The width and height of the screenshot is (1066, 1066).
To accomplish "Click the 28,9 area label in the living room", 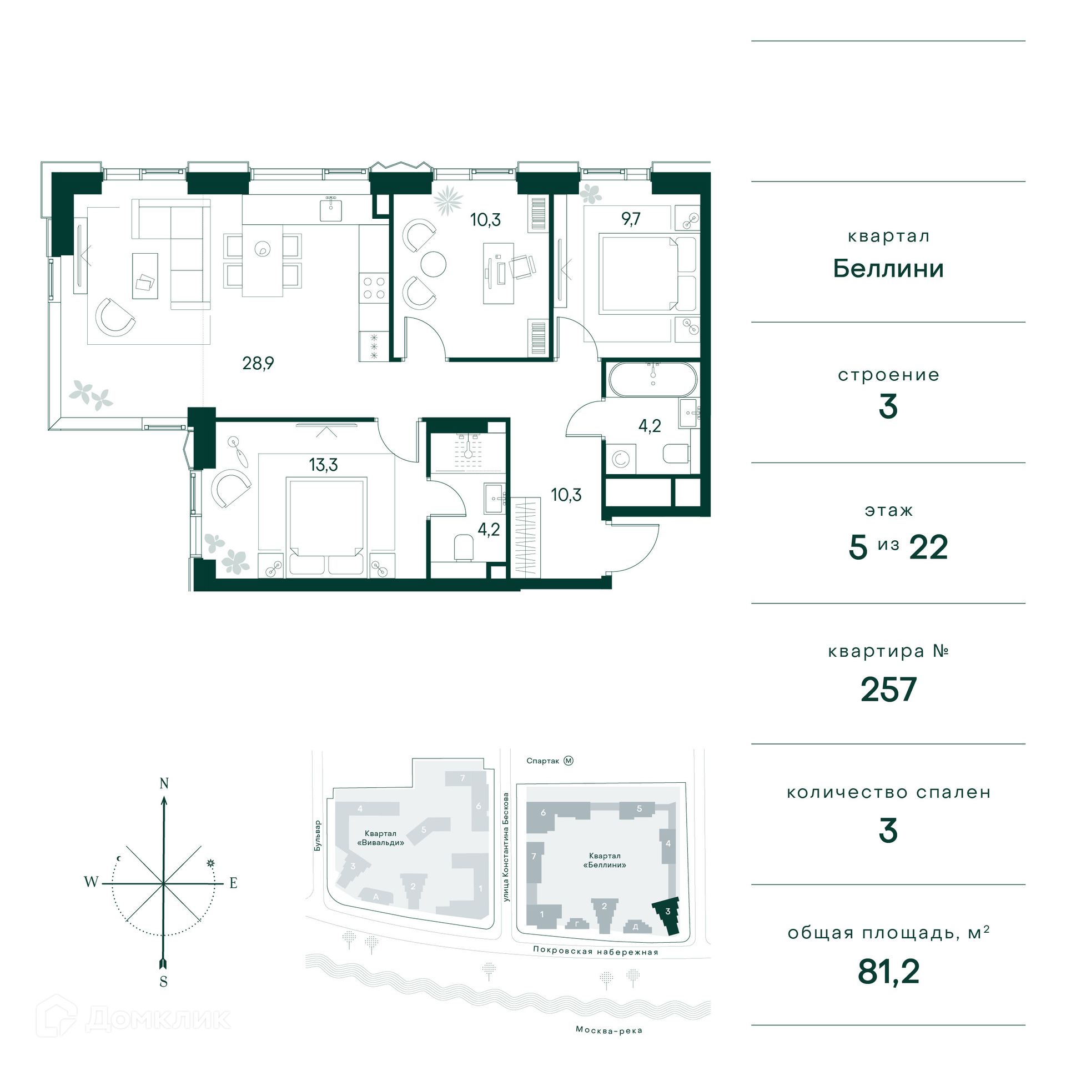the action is (x=258, y=364).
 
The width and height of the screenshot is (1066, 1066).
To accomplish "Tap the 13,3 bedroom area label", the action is (x=323, y=465).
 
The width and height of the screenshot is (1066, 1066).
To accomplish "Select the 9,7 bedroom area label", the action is (x=631, y=219).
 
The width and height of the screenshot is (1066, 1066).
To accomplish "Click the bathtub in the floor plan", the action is (x=653, y=379).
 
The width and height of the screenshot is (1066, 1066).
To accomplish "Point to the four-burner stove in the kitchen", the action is (x=374, y=288).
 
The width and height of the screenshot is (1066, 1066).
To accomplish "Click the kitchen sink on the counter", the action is (x=331, y=209).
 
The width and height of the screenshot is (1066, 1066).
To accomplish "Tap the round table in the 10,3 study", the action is (x=434, y=264).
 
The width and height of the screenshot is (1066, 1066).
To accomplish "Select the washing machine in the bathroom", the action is (x=620, y=459).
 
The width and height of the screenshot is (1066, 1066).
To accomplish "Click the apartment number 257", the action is (x=888, y=690).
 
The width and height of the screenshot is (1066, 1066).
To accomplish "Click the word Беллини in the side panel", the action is (x=888, y=269).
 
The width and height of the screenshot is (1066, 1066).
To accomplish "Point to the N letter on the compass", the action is (x=164, y=783).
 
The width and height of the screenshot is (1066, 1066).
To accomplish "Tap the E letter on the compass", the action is (x=233, y=883).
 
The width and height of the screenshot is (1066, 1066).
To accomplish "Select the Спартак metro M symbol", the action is (x=568, y=761).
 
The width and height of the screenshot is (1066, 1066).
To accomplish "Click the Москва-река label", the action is (x=609, y=1030).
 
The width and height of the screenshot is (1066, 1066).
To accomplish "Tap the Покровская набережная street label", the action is (x=595, y=951).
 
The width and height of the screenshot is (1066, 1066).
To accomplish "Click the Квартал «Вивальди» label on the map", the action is (x=380, y=838).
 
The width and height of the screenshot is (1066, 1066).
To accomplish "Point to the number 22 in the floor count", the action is (x=928, y=547).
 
